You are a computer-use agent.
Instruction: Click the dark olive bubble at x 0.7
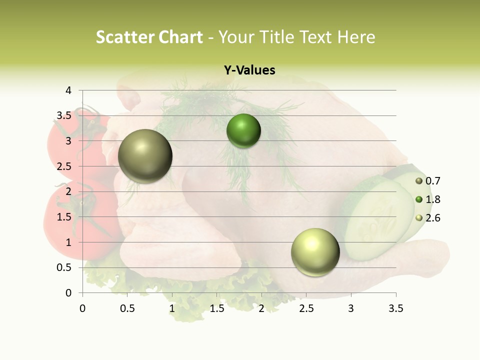(x=145, y=156)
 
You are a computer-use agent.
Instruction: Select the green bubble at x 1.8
(x=243, y=131)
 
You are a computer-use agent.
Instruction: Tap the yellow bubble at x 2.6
(x=315, y=252)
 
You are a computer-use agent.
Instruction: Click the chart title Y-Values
(x=249, y=70)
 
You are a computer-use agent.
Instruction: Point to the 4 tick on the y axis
(x=68, y=90)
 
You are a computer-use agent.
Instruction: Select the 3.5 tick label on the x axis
(x=395, y=309)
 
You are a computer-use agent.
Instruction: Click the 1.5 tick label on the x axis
(x=216, y=309)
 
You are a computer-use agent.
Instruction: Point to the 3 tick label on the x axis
(x=351, y=309)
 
